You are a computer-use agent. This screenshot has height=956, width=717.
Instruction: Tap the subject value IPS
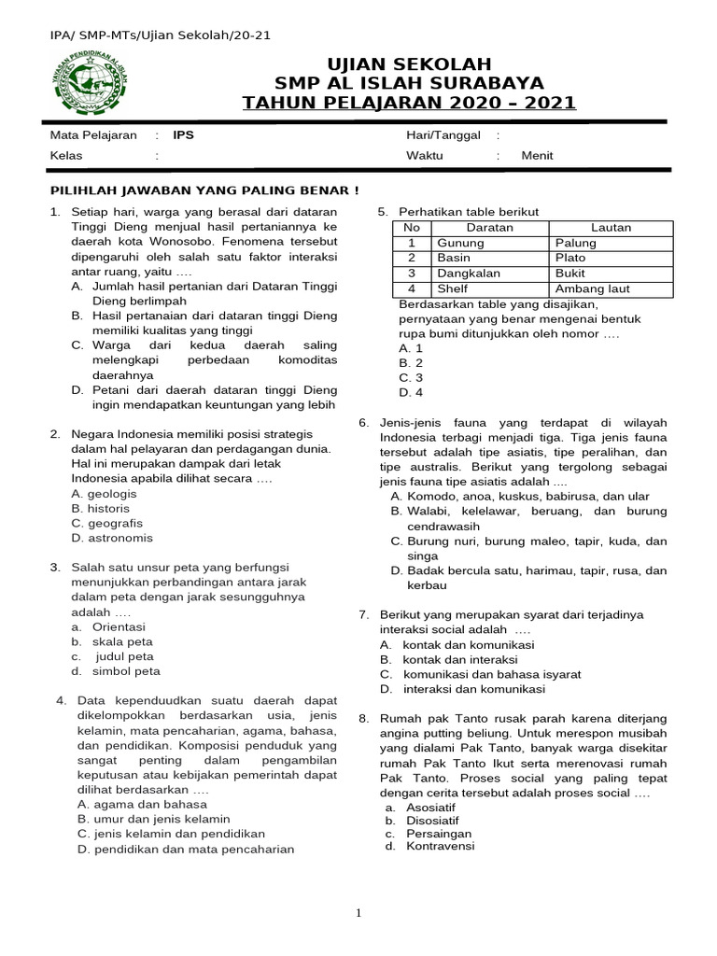184,134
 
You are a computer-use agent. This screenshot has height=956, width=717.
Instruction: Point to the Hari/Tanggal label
443,134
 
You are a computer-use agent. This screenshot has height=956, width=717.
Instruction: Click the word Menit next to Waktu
537,156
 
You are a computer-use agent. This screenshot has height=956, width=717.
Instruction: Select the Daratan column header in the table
489,227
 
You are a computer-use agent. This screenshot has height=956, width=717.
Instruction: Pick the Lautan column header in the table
611,227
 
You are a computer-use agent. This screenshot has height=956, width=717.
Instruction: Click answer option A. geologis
104,493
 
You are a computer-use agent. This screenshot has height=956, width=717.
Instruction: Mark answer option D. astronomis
112,538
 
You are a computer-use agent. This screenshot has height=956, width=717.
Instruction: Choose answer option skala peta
122,641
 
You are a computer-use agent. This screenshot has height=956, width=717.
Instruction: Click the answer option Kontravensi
429,846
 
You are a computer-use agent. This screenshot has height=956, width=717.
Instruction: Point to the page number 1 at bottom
358,913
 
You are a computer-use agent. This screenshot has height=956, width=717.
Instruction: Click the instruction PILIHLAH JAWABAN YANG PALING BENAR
204,190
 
